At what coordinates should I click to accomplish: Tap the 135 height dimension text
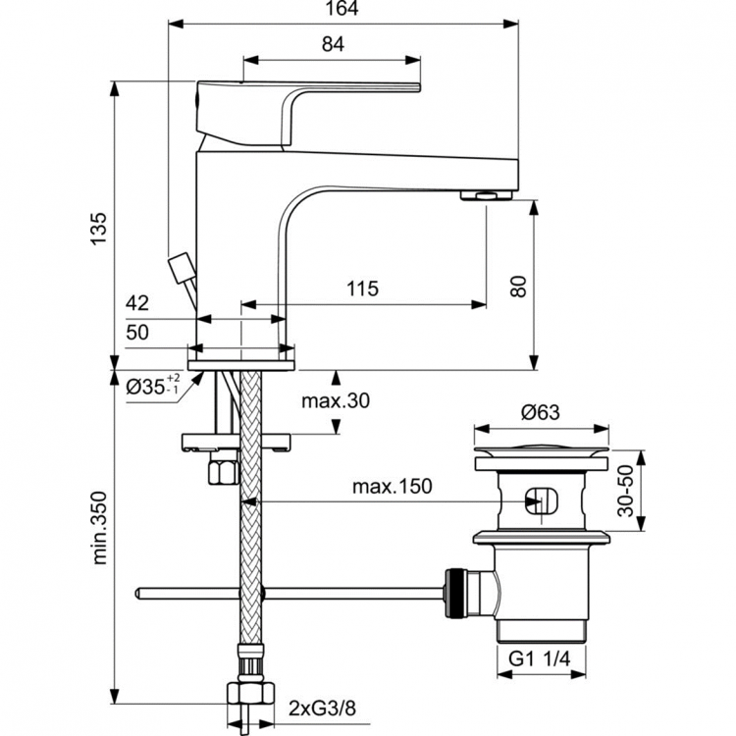point(97,231)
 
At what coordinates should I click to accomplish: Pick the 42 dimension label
point(137,303)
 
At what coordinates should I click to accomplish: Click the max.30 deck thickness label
point(337,400)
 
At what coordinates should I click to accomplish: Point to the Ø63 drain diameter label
point(541,412)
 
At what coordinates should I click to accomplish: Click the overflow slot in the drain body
point(541,500)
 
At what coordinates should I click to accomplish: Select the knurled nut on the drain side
point(455,593)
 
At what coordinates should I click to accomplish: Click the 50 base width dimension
point(137,333)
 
